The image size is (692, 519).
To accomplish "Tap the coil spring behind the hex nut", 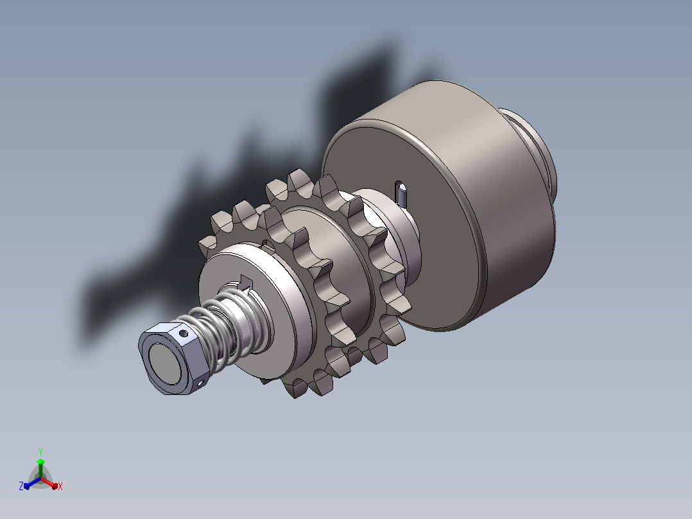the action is (x=223, y=327).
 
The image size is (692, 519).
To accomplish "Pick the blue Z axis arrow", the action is (x=32, y=483).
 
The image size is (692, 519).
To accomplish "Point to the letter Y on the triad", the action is (x=40, y=452).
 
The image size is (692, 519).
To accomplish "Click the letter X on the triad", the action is (x=60, y=486).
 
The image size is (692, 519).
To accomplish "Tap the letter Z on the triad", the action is (x=21, y=486).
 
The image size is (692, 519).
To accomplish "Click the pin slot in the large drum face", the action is (x=401, y=193).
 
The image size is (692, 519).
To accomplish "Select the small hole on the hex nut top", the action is (x=184, y=333).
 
